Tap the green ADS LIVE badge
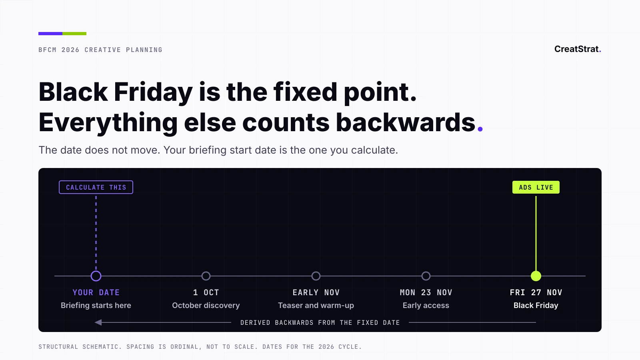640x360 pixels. [x=536, y=187]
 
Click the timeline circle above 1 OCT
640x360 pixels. [x=206, y=272]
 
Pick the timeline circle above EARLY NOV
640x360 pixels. [x=316, y=272]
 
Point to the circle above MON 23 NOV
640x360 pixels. [x=426, y=272]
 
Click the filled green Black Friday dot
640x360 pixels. [x=536, y=276]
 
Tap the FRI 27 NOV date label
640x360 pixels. [x=536, y=292]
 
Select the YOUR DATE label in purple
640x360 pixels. [x=96, y=292]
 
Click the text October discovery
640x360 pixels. [x=206, y=305]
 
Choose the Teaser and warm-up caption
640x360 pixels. [x=316, y=305]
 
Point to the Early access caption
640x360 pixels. [x=426, y=305]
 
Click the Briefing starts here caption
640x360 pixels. [x=96, y=305]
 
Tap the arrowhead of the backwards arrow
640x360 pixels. [x=98, y=322]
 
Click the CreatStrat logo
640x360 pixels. [x=578, y=49]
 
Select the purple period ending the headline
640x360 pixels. [x=480, y=129]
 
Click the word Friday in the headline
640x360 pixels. [x=153, y=92]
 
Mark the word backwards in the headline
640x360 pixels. [x=406, y=122]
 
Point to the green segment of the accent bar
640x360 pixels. [x=74, y=34]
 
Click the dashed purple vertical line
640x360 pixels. [x=96, y=233]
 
